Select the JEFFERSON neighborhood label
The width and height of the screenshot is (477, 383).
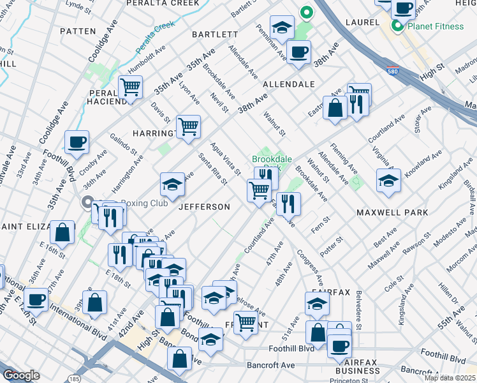click(204, 207)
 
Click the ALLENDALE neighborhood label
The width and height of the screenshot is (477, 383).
click(289, 84)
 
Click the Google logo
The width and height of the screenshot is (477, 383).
click(22, 375)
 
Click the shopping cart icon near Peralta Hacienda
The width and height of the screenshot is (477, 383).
click(130, 87)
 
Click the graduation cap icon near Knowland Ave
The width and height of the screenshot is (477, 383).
click(388, 181)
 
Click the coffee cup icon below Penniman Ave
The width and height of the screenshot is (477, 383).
click(298, 52)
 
